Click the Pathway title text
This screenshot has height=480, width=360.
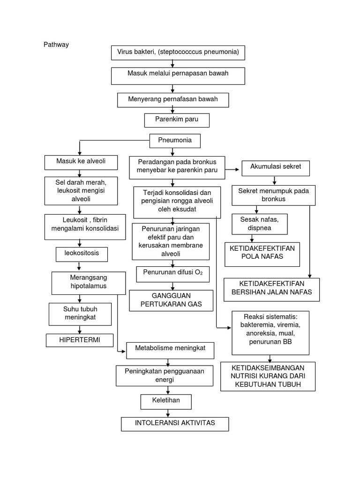click(x=56, y=45)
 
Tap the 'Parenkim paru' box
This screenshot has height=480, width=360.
click(x=177, y=120)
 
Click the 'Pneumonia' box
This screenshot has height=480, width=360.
click(x=174, y=141)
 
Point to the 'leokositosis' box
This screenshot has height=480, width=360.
click(x=82, y=254)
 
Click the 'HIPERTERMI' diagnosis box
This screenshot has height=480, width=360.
click(x=80, y=339)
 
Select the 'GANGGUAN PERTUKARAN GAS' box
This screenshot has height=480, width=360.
click(x=171, y=300)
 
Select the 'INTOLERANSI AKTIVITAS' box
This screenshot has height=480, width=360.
click(x=175, y=423)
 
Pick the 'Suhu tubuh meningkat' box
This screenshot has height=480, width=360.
click(x=80, y=315)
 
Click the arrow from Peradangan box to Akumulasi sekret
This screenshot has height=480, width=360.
click(x=233, y=167)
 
